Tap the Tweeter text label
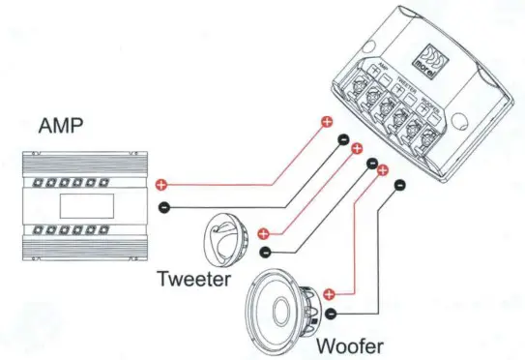[x=194, y=280]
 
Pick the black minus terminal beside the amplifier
[x=162, y=206]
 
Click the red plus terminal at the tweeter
[x=263, y=233]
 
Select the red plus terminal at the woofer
[x=330, y=293]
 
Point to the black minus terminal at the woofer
[x=331, y=314]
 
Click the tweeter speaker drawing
[x=227, y=242]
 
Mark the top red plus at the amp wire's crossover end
[x=325, y=123]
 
